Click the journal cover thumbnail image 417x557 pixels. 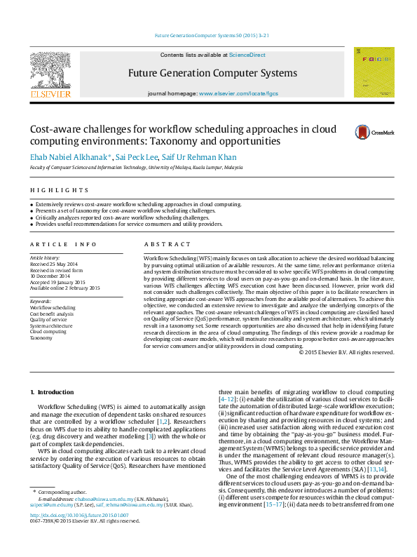tap(374, 72)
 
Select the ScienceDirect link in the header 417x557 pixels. tap(247, 55)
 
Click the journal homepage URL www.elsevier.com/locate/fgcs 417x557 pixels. tap(238, 93)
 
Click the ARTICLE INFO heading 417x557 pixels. tap(63, 244)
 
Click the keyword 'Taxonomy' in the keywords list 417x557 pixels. tap(41, 337)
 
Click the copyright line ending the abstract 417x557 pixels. tap(346, 352)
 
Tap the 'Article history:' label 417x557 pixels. tap(45, 258)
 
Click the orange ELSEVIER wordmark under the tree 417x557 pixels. tap(50, 93)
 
